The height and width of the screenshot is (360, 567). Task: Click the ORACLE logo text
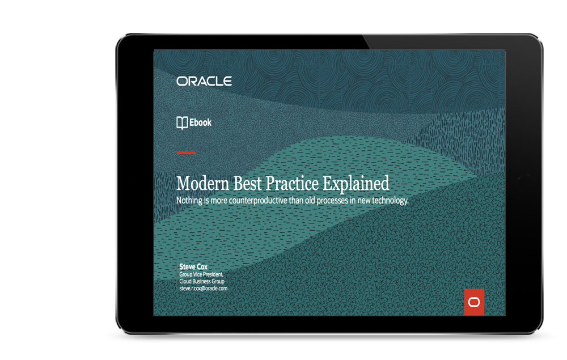point(204,81)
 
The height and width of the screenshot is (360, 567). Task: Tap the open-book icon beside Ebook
point(182,123)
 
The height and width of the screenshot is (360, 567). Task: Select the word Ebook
point(200,122)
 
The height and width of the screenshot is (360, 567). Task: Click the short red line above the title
point(186,153)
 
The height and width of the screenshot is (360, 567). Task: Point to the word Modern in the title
point(202,183)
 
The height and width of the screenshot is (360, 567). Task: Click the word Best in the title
point(247,183)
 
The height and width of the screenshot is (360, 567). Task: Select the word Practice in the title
point(292,183)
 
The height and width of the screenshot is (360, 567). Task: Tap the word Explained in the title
point(356,184)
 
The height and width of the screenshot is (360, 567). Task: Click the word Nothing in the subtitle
point(189,200)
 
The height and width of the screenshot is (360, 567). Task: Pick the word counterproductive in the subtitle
point(258,200)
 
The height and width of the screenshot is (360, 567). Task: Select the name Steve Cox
point(193,267)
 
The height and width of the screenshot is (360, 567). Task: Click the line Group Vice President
point(201,274)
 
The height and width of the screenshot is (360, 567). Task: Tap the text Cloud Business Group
point(202,281)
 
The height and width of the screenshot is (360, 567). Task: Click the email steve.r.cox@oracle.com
point(203,289)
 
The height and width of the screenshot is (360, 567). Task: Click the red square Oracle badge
point(474,302)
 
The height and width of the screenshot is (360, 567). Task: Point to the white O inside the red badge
point(474,302)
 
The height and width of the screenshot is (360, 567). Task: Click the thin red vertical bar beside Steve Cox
point(177,277)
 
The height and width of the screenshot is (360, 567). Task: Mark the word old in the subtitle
point(310,200)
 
